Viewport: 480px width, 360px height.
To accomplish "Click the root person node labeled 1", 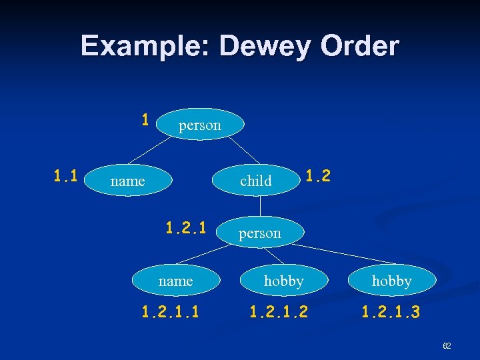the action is click(199, 125).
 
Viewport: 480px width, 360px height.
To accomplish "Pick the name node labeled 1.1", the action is click(127, 181).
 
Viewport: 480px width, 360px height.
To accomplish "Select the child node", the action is click(256, 181).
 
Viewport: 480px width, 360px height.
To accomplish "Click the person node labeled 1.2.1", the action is click(260, 233).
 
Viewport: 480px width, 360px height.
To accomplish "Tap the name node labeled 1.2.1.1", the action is click(175, 281).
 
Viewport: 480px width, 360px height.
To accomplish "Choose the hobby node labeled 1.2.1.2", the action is click(283, 281).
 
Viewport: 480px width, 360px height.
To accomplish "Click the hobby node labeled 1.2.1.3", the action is click(391, 281).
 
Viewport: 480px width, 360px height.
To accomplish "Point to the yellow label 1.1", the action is click(66, 177).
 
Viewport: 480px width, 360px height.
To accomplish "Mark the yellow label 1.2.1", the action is click(187, 228).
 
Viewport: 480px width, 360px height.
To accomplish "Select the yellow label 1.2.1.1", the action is click(171, 311).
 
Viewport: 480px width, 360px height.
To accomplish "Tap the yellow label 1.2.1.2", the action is click(279, 311).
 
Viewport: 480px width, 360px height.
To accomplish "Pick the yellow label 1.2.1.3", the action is click(391, 311).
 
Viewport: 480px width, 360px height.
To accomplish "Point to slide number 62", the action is click(447, 346).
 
